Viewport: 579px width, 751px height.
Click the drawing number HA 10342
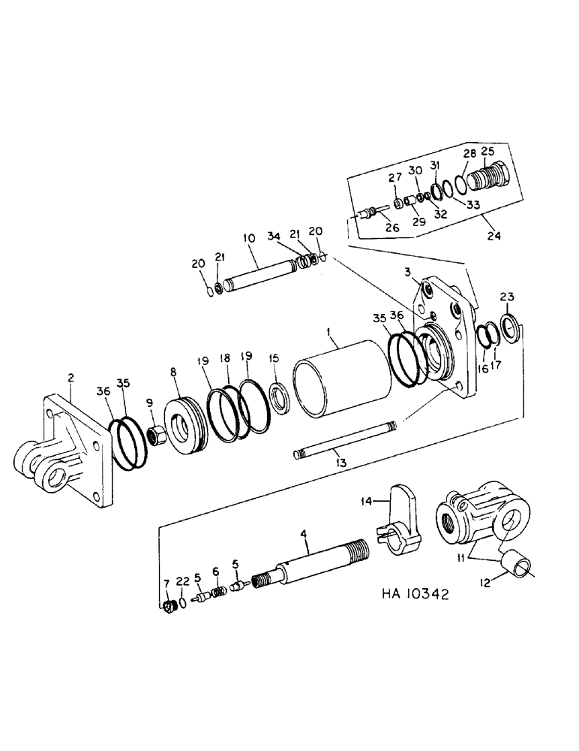tap(405, 595)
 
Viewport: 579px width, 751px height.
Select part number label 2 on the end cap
tap(70, 379)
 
